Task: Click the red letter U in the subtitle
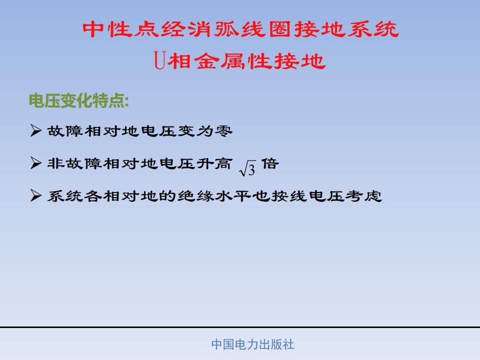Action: click(x=160, y=60)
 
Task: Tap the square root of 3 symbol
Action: click(x=247, y=168)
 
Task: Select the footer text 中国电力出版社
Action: click(x=253, y=344)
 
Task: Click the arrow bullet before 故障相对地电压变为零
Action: click(x=36, y=130)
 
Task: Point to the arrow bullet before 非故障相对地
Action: click(x=36, y=163)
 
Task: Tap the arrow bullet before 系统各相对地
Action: click(x=36, y=195)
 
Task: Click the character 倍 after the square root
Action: click(x=270, y=163)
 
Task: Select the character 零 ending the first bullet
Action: click(x=224, y=131)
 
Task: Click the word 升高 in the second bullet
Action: click(x=214, y=163)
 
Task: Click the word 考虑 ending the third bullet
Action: click(x=363, y=196)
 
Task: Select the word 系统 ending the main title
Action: click(x=373, y=29)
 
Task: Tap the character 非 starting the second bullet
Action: click(x=55, y=163)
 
